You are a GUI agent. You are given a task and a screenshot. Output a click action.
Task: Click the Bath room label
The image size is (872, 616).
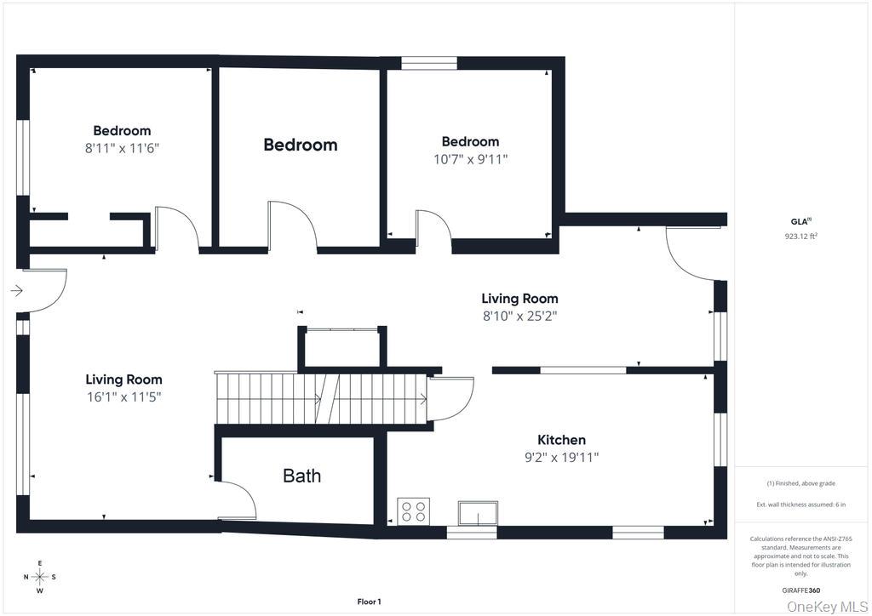[x=301, y=476]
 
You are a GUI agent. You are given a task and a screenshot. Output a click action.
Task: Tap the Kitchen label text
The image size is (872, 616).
[x=561, y=440]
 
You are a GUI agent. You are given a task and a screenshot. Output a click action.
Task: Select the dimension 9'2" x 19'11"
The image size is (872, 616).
[x=561, y=458]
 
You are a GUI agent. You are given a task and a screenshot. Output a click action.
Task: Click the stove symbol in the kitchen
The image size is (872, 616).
[x=414, y=511]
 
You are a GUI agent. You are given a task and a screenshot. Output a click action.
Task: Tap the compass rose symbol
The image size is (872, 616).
[x=39, y=577]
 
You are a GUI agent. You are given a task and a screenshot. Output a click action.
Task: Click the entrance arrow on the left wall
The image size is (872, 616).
[x=16, y=291]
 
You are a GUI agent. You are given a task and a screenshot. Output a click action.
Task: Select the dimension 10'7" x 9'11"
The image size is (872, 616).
[x=470, y=159]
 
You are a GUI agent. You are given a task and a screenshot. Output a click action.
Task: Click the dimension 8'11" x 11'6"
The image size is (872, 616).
[x=122, y=148]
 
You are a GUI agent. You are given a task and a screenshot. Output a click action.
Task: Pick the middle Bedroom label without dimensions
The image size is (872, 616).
[x=300, y=145]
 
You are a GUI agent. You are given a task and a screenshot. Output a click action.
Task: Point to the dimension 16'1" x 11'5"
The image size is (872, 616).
[x=123, y=397]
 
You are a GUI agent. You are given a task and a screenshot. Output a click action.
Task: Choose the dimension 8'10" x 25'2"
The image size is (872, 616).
[x=519, y=316]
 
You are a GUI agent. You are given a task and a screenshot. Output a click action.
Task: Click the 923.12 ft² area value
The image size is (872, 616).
[x=800, y=237]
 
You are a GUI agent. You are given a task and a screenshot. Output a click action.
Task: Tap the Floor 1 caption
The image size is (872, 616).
[x=369, y=602]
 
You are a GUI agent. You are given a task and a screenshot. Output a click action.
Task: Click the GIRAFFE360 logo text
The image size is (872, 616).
[x=801, y=590]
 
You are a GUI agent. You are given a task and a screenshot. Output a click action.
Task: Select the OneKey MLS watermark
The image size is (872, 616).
[x=827, y=606]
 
